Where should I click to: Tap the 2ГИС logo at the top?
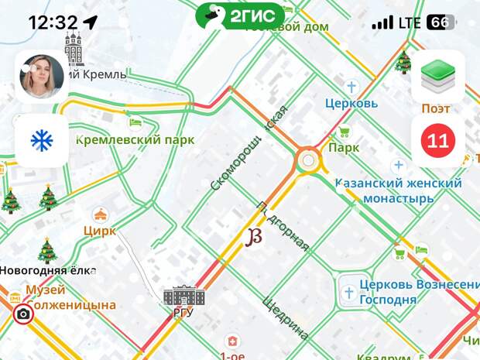click(239, 15)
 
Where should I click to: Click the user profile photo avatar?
click(42, 77)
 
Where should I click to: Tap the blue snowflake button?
click(41, 140)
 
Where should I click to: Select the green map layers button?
click(437, 77)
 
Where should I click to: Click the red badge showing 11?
click(437, 141)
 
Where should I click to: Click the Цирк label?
click(100, 230)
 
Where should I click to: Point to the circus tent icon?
click(100, 214)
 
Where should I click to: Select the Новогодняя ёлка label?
click(47, 270)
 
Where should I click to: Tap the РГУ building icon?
click(184, 296)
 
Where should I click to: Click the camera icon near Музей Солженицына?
click(23, 314)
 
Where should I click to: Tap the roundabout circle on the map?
click(308, 161)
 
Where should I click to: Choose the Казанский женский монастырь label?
click(398, 190)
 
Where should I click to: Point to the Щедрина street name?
click(285, 317)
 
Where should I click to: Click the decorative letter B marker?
click(253, 237)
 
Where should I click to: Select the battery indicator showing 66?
click(440, 22)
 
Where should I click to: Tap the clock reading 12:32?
click(53, 22)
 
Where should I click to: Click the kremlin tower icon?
click(74, 48)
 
